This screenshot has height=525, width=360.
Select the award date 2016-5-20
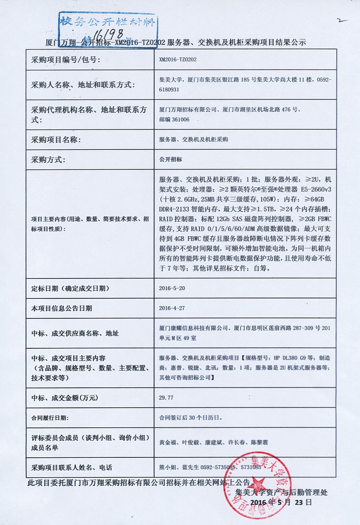click(172, 288)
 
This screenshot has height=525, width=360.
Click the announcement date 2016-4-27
click(172, 308)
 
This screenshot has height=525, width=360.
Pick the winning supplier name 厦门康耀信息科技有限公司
click(193, 328)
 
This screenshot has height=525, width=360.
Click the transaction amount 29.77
click(166, 397)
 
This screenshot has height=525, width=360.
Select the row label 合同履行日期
click(51, 417)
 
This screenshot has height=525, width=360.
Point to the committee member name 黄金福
click(168, 442)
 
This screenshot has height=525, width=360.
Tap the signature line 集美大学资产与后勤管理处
click(281, 492)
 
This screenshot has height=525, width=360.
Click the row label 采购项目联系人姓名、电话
click(71, 467)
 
